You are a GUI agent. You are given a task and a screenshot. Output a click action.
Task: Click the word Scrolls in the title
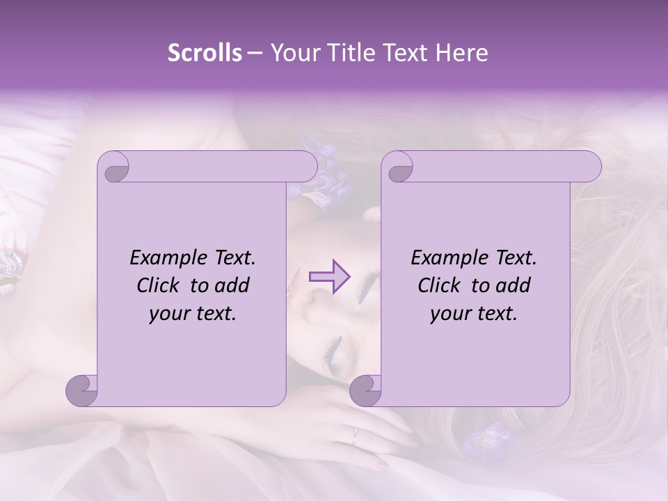205,53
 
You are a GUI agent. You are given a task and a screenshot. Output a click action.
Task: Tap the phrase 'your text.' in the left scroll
193,313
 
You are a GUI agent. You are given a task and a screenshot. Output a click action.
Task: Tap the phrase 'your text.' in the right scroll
474,313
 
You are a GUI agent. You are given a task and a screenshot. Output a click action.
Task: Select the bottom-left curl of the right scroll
365,390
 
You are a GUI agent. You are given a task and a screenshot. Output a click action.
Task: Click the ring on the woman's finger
355,434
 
